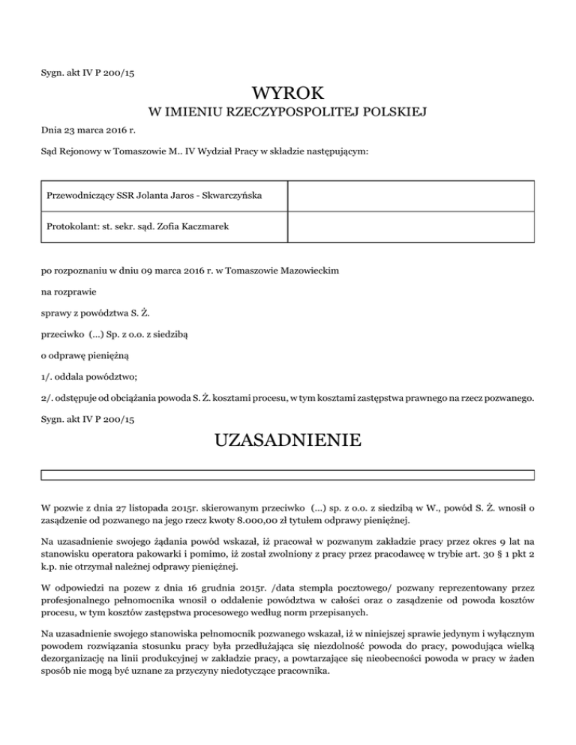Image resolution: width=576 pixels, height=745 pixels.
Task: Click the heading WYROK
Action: click(x=288, y=94)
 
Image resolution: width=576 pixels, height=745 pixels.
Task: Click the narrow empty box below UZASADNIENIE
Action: click(x=288, y=474)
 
